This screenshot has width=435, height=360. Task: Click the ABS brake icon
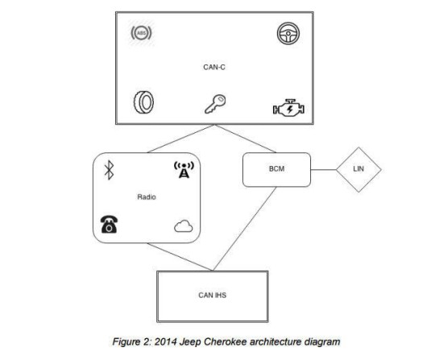point(141,33)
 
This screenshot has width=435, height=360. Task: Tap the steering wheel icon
point(288,33)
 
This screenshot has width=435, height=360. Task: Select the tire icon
point(143,102)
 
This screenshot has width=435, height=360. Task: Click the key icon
point(215,104)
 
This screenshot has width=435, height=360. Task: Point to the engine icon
point(288,108)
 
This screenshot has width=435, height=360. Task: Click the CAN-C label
point(214,67)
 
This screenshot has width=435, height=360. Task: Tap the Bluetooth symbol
point(109,170)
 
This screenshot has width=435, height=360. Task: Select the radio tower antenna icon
point(184,169)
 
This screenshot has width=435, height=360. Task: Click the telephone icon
point(109,224)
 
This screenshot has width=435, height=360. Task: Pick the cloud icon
point(184,226)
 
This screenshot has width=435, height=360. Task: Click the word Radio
point(147,197)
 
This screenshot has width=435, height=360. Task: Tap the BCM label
point(276,168)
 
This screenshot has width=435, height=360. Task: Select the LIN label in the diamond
point(358,168)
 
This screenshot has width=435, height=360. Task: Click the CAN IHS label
point(212,295)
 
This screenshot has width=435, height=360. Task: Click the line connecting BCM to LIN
point(324,169)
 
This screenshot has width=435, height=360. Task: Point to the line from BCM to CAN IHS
point(244,229)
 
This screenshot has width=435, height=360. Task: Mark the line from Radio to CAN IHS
point(180,257)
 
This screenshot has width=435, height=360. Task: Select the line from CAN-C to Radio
point(180,139)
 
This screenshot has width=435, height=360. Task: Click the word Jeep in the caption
point(190,341)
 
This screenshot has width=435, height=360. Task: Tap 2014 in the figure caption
point(165,341)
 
